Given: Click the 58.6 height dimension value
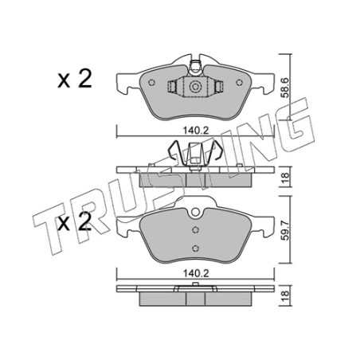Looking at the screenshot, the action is (x=285, y=88).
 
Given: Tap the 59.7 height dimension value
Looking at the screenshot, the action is (x=285, y=230).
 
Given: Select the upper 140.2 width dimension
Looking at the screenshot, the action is (x=196, y=131).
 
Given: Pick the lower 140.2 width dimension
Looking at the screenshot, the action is (x=196, y=273).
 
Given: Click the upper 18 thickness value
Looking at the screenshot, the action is (x=285, y=176).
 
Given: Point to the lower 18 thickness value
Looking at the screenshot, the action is (x=285, y=295).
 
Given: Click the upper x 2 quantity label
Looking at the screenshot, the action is (x=75, y=78).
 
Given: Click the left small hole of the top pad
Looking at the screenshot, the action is (x=151, y=83).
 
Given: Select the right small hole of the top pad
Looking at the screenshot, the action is (x=239, y=83).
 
